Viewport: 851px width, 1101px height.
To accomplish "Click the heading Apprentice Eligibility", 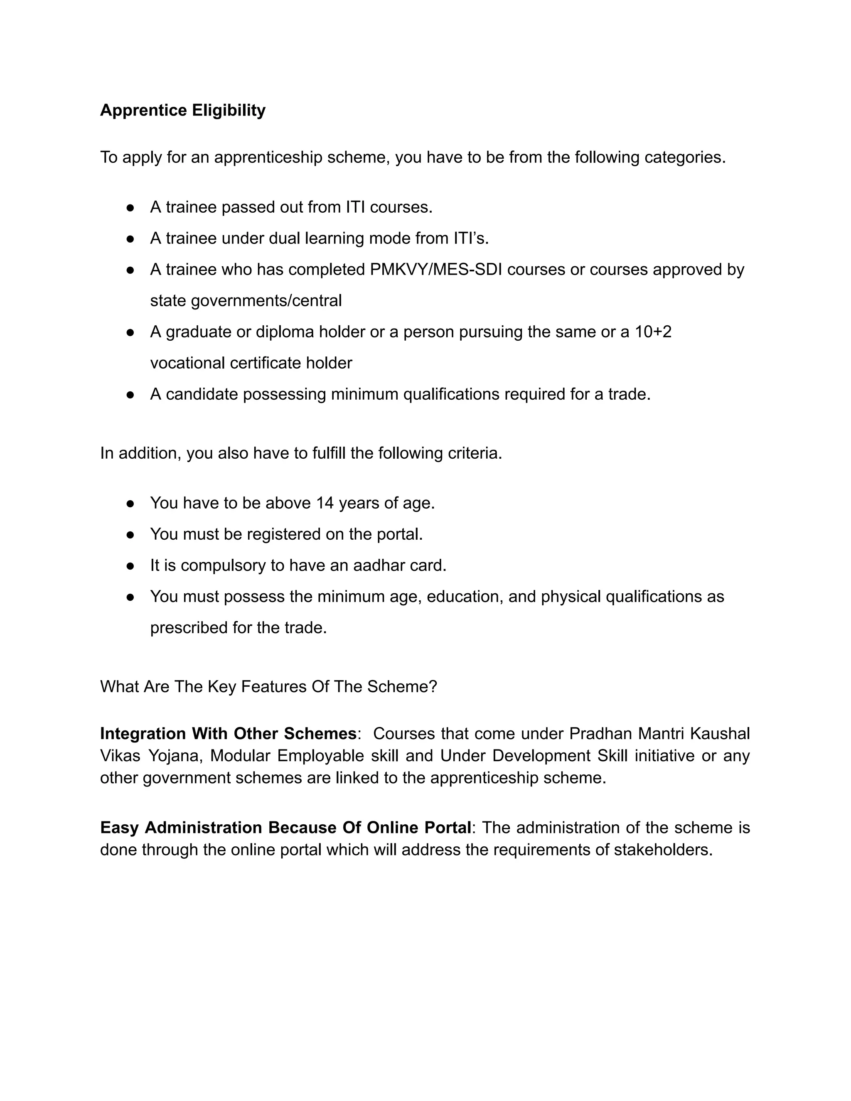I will coord(182,110).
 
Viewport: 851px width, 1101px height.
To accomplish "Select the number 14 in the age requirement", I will coord(325,503).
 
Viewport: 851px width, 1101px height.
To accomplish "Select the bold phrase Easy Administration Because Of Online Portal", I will coord(285,828).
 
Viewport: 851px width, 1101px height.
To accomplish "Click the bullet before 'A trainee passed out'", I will coord(130,208).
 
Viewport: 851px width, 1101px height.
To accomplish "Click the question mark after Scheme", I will coord(433,687).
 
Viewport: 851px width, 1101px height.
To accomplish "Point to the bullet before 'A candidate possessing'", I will coord(130,395).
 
